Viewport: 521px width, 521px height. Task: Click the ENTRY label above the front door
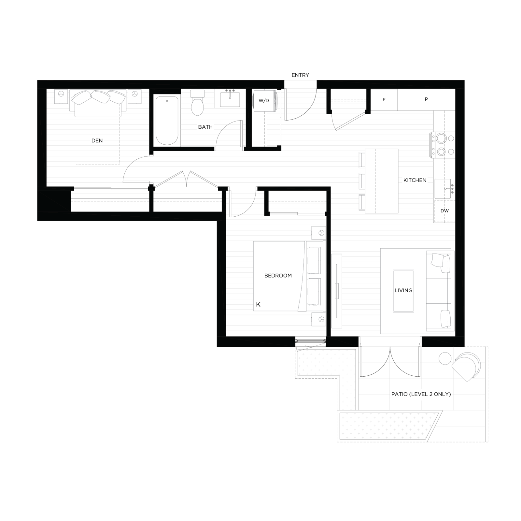point(300,75)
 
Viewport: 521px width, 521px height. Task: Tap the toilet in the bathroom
point(197,103)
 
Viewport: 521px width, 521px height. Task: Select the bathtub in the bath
point(167,120)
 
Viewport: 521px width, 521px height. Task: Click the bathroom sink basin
point(230,99)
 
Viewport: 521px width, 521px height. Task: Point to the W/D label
point(264,100)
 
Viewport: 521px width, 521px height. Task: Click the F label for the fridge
point(384,100)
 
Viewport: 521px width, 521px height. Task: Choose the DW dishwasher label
point(444,211)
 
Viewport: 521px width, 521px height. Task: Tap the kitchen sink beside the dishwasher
point(443,189)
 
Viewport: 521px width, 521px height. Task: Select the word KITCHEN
point(415,180)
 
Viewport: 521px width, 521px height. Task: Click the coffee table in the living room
point(403,291)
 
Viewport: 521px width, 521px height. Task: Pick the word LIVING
point(403,290)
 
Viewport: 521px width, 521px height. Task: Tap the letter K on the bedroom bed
point(258,305)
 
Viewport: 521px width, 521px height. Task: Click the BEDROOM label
point(278,276)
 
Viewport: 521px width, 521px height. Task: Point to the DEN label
point(97,141)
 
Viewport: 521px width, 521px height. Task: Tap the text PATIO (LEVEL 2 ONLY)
point(421,394)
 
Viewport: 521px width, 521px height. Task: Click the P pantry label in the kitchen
point(426,99)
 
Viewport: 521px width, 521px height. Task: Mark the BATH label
point(205,127)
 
